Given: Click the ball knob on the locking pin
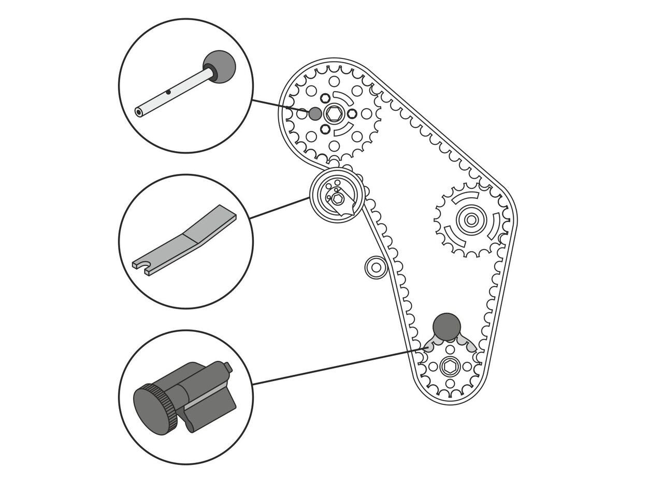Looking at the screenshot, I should [x=219, y=67].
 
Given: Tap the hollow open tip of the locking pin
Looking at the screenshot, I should [x=139, y=112].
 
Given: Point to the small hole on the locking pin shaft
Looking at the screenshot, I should [x=168, y=93].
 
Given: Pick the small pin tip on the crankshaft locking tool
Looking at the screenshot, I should [x=227, y=367].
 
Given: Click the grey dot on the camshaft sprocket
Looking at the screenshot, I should [x=315, y=113].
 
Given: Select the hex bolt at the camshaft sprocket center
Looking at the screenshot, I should [x=335, y=114].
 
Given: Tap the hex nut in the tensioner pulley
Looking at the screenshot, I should [x=337, y=198].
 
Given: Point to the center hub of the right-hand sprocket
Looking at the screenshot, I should [x=470, y=220].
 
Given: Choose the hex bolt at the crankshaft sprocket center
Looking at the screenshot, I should [x=449, y=367].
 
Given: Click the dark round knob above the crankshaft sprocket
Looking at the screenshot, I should [x=446, y=327].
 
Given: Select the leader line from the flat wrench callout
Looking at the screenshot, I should [x=280, y=208].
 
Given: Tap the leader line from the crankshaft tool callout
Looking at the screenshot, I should [x=337, y=367].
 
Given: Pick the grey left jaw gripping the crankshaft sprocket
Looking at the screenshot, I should [x=433, y=344].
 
